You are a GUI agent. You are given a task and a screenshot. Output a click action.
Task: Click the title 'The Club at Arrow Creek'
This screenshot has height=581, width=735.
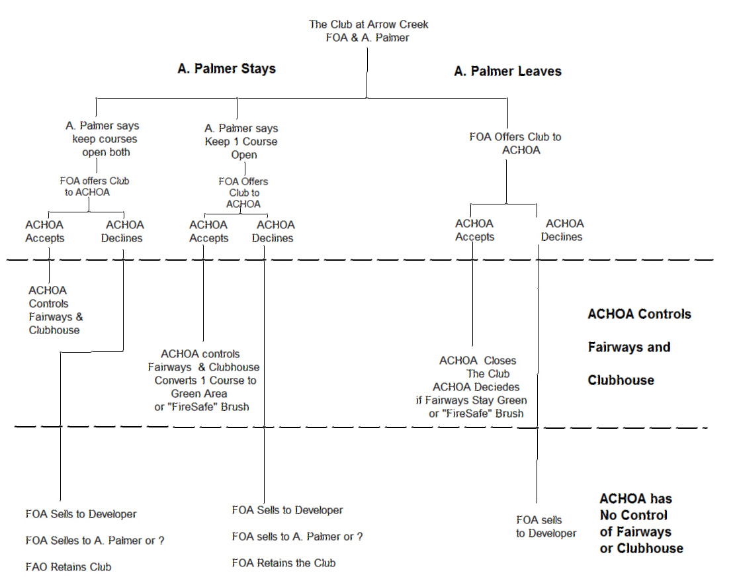click(368, 24)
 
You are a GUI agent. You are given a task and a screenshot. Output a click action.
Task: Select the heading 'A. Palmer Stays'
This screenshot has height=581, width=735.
click(226, 69)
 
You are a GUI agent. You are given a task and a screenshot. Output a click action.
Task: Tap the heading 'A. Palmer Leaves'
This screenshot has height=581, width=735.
click(507, 71)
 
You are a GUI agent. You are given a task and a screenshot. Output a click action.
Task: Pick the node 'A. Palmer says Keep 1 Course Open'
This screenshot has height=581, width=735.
click(241, 142)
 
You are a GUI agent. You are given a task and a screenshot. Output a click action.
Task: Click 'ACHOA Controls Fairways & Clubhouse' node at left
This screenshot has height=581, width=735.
click(56, 310)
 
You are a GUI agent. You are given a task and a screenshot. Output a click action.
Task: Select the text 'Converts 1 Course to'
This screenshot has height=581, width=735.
click(205, 380)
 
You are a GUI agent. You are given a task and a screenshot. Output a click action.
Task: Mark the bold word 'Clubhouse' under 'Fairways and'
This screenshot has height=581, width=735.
click(621, 380)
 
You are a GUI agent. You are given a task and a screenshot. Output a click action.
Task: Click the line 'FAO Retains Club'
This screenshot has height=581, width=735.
click(69, 567)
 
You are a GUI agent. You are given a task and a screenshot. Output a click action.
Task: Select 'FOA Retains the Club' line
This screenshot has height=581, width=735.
click(283, 563)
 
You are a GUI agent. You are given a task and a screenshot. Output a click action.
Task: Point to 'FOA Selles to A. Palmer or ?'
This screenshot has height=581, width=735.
click(95, 541)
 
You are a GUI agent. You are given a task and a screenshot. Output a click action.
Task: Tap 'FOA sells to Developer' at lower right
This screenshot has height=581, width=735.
click(546, 527)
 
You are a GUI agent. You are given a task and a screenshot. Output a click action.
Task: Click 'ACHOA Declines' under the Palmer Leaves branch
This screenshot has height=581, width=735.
click(563, 230)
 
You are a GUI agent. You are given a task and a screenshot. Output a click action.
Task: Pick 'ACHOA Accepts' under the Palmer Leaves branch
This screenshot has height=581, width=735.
click(474, 230)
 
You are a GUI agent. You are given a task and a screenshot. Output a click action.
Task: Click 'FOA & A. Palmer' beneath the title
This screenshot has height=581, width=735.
click(367, 38)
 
